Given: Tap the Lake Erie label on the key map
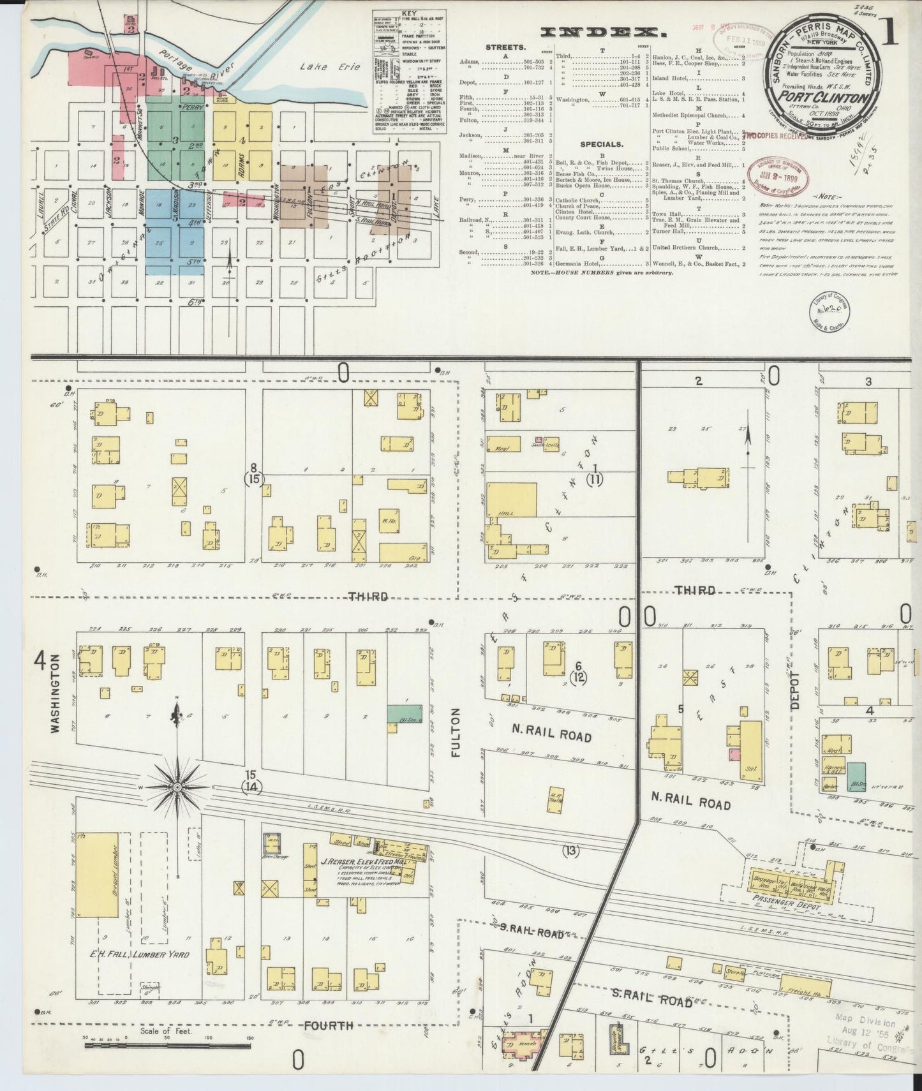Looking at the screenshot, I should [x=330, y=67].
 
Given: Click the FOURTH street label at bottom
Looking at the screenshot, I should [x=328, y=1025].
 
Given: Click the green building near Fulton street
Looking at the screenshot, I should [x=405, y=713].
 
